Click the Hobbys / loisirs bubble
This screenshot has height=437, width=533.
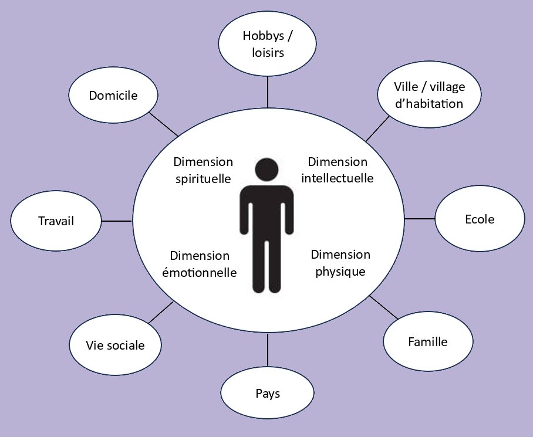[267, 44]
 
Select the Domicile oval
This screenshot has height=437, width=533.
[113, 95]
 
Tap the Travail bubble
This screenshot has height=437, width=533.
[56, 221]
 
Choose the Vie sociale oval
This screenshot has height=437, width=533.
[115, 345]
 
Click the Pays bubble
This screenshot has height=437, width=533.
[268, 393]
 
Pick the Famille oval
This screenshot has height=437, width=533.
[427, 341]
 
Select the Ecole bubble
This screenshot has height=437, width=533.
[479, 219]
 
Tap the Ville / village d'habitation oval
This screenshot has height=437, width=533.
[429, 95]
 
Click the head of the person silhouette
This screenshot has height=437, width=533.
[266, 170]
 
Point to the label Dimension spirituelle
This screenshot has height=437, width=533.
[203, 170]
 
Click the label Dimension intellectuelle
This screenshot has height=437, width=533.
[338, 170]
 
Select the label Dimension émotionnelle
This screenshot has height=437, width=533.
[200, 264]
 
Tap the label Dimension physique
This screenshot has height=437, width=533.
[340, 263]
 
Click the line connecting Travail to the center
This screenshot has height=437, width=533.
[117, 221]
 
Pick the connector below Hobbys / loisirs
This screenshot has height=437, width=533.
[268, 92]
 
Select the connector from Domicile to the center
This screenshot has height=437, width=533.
[164, 124]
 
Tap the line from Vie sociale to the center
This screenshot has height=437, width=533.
[161, 312]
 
